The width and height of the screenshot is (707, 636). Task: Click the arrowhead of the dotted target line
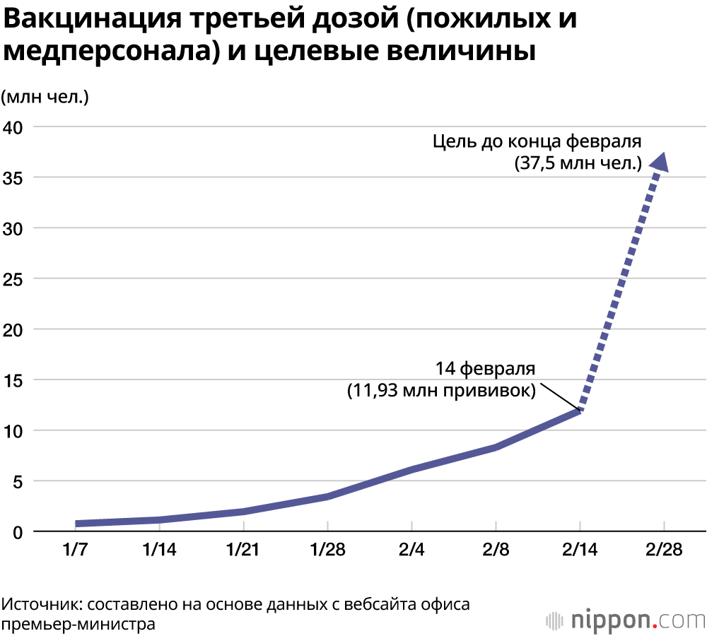pos(660,162)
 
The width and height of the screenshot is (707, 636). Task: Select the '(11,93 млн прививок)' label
pos(441,391)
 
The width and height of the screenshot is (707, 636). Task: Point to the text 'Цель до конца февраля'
pos(537,141)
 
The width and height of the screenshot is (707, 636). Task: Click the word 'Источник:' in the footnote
pos(42,605)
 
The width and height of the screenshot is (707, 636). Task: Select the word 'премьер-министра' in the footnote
pos(78,625)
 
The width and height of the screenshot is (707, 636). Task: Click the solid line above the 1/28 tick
pos(327,496)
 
